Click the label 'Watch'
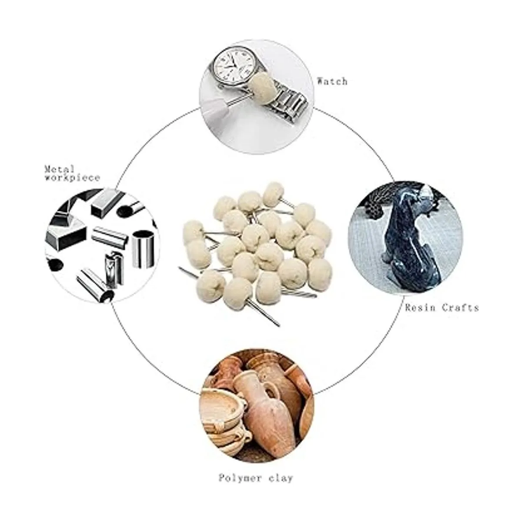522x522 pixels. (x=332, y=81)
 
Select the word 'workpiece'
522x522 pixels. (x=72, y=177)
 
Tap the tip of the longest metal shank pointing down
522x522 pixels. (x=278, y=326)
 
